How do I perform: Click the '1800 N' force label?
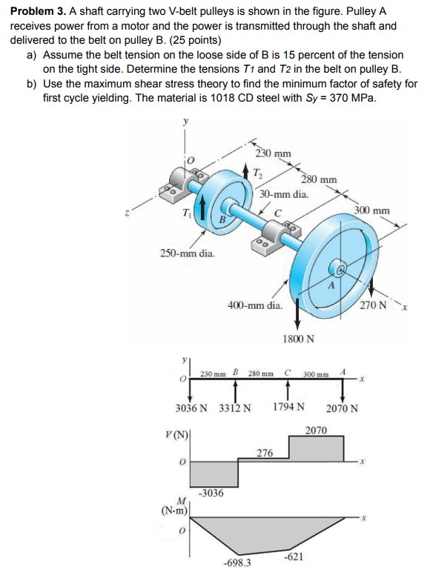(299, 339)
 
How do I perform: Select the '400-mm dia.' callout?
(254, 305)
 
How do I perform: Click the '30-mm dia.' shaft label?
(284, 193)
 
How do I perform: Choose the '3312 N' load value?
(236, 408)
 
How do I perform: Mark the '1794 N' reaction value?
(288, 408)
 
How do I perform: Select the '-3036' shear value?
(212, 492)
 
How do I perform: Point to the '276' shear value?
(264, 452)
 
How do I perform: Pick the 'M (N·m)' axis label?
(174, 508)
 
